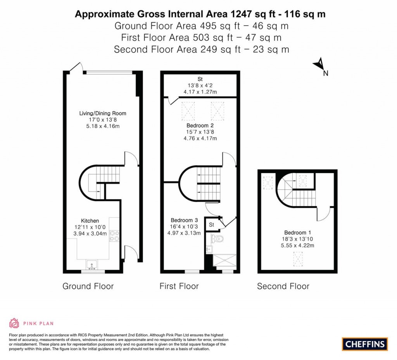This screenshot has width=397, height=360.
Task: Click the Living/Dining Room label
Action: [103, 113]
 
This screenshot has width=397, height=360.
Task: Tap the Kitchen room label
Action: [90, 221]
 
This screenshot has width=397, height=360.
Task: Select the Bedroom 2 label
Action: [200, 126]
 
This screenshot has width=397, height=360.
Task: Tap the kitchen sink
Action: [92, 265]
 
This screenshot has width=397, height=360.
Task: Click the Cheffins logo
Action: [365, 344]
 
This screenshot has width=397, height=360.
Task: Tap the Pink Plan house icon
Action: [14, 323]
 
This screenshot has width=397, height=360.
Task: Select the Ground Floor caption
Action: [88, 286]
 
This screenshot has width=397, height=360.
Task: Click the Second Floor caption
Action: [283, 286]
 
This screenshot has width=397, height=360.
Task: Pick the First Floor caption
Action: [179, 286]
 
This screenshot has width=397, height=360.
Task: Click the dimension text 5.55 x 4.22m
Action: [297, 246]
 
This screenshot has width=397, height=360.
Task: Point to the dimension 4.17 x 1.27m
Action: [200, 92]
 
